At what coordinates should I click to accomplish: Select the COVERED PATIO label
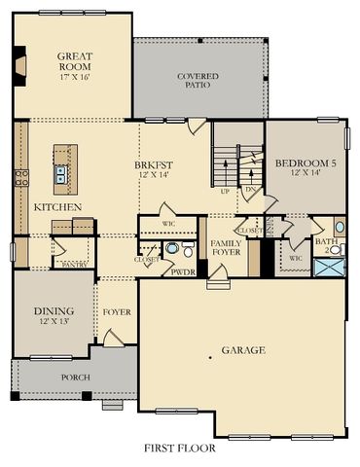198,82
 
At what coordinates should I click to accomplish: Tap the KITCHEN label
57,207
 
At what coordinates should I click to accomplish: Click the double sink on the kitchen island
61,174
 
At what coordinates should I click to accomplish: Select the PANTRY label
75,264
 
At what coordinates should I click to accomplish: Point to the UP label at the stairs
227,192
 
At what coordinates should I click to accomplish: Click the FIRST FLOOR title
180,449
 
